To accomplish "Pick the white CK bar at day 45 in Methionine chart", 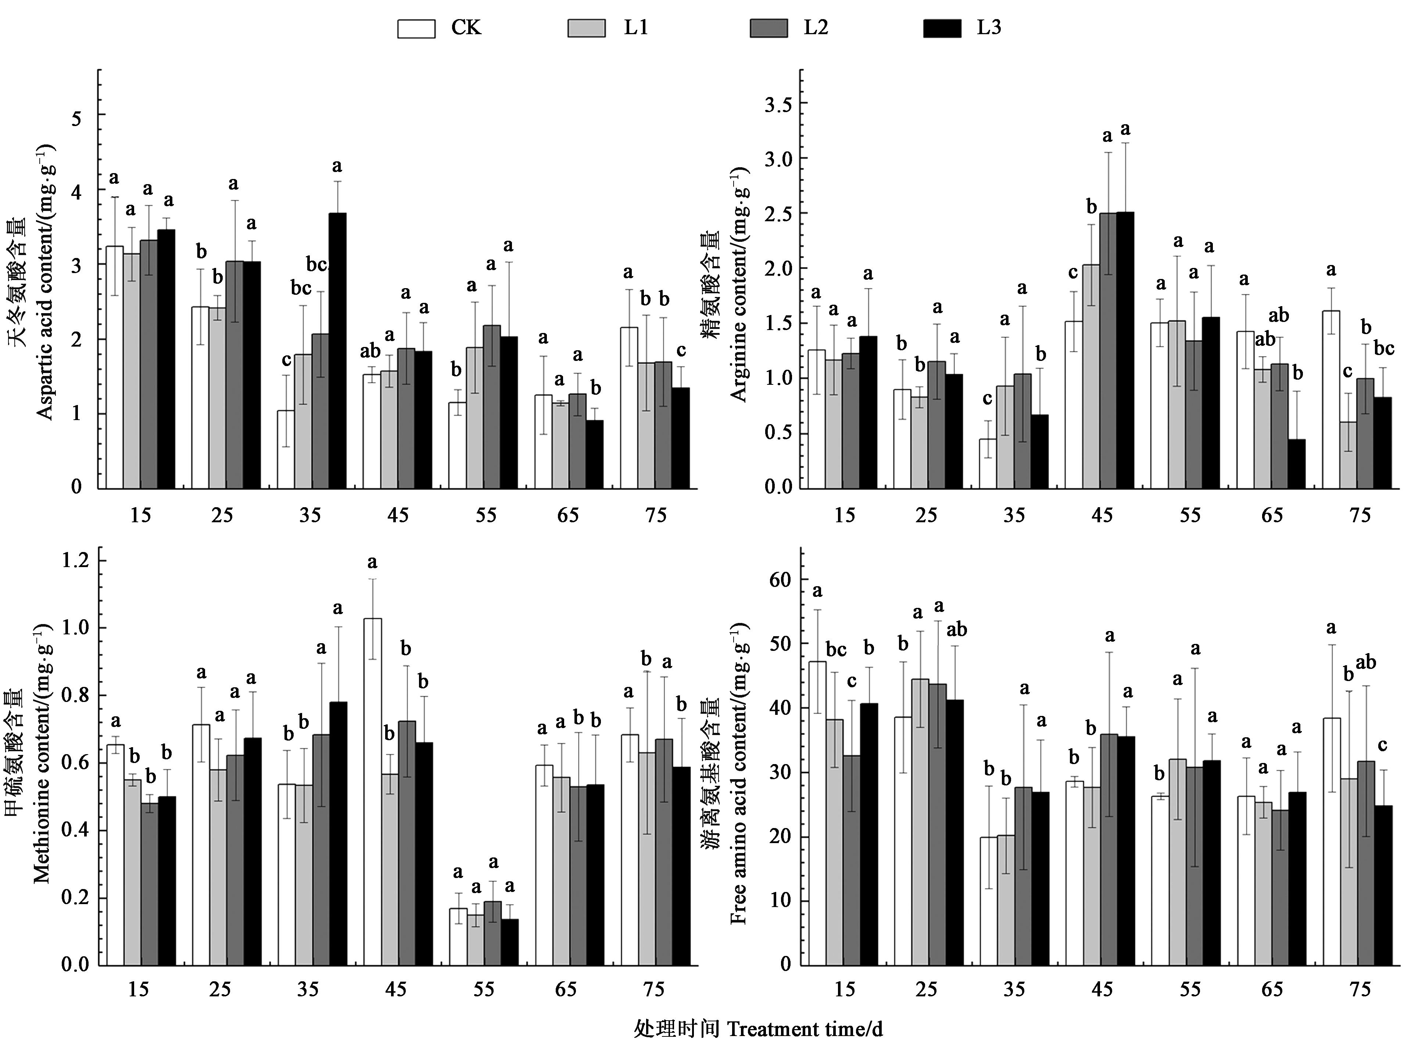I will tap(372, 792).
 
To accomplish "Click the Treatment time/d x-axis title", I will tap(758, 1029).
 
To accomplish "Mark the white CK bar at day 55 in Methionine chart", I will tap(458, 937).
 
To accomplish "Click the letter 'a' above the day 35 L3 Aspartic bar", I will tap(337, 166).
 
